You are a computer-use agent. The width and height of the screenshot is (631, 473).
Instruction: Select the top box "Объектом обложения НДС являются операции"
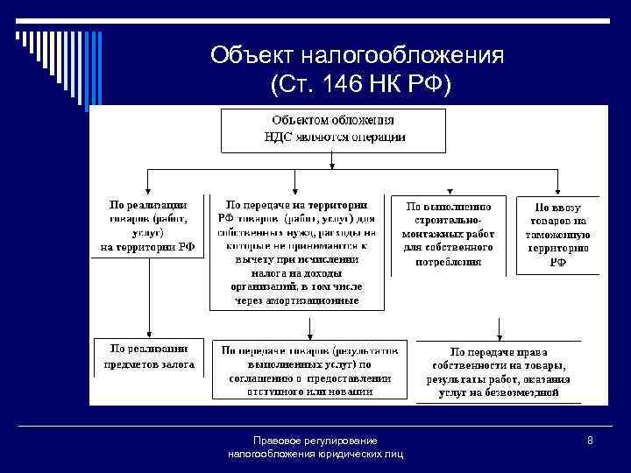[x=331, y=128]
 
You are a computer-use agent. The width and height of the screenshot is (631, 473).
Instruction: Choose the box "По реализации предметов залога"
[x=147, y=356]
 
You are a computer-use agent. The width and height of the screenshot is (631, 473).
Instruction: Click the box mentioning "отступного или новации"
[x=308, y=369]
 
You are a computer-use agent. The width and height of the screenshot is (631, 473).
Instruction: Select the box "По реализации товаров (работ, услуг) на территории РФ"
[x=147, y=225]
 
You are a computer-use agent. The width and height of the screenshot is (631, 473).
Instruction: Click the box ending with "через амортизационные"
[x=296, y=251]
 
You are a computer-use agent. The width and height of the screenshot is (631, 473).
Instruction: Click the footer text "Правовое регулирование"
[x=315, y=441]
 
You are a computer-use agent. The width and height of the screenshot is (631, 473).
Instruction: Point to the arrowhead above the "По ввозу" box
[x=558, y=188]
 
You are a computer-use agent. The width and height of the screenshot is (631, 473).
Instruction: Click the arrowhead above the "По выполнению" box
[x=448, y=188]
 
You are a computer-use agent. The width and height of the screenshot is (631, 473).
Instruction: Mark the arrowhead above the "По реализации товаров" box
[x=147, y=188]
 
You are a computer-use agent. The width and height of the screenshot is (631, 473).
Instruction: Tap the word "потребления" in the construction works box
[x=449, y=261]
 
